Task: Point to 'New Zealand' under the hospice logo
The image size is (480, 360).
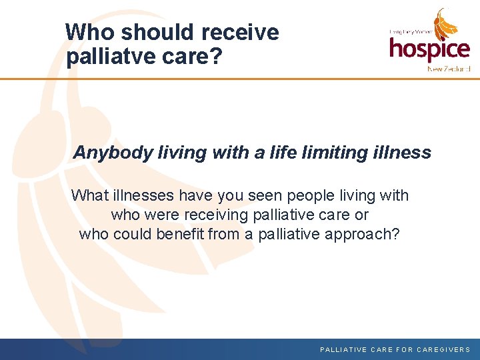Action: point(449,69)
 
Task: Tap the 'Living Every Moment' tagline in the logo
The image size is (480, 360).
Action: point(411,31)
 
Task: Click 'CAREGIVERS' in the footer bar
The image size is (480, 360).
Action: point(443,349)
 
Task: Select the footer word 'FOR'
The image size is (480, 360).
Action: point(405,349)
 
